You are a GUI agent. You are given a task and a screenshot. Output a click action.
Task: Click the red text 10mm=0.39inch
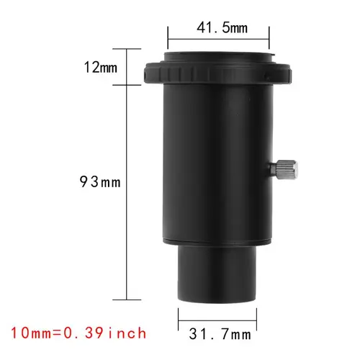point(80,333)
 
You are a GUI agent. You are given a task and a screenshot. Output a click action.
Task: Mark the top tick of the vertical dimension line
point(127,48)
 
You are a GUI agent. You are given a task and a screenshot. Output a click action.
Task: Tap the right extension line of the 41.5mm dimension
point(269,40)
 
